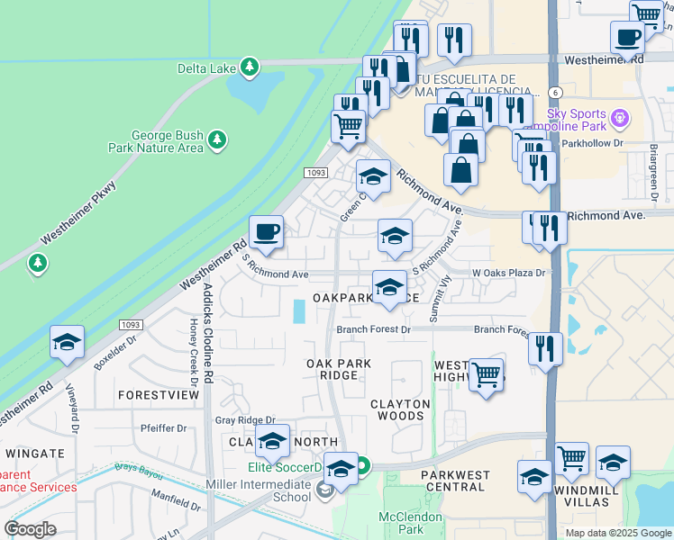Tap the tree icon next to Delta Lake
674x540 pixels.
click(251, 67)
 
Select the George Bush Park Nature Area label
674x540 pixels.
click(168, 140)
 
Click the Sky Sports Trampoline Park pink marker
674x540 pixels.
click(619, 118)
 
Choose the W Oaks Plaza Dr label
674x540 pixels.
click(509, 273)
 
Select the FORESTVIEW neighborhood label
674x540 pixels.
click(158, 395)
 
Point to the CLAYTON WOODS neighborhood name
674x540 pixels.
click(400, 409)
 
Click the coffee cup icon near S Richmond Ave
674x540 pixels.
click(266, 233)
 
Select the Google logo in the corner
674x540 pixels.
click(31, 529)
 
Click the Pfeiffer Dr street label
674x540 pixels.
click(162, 427)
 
